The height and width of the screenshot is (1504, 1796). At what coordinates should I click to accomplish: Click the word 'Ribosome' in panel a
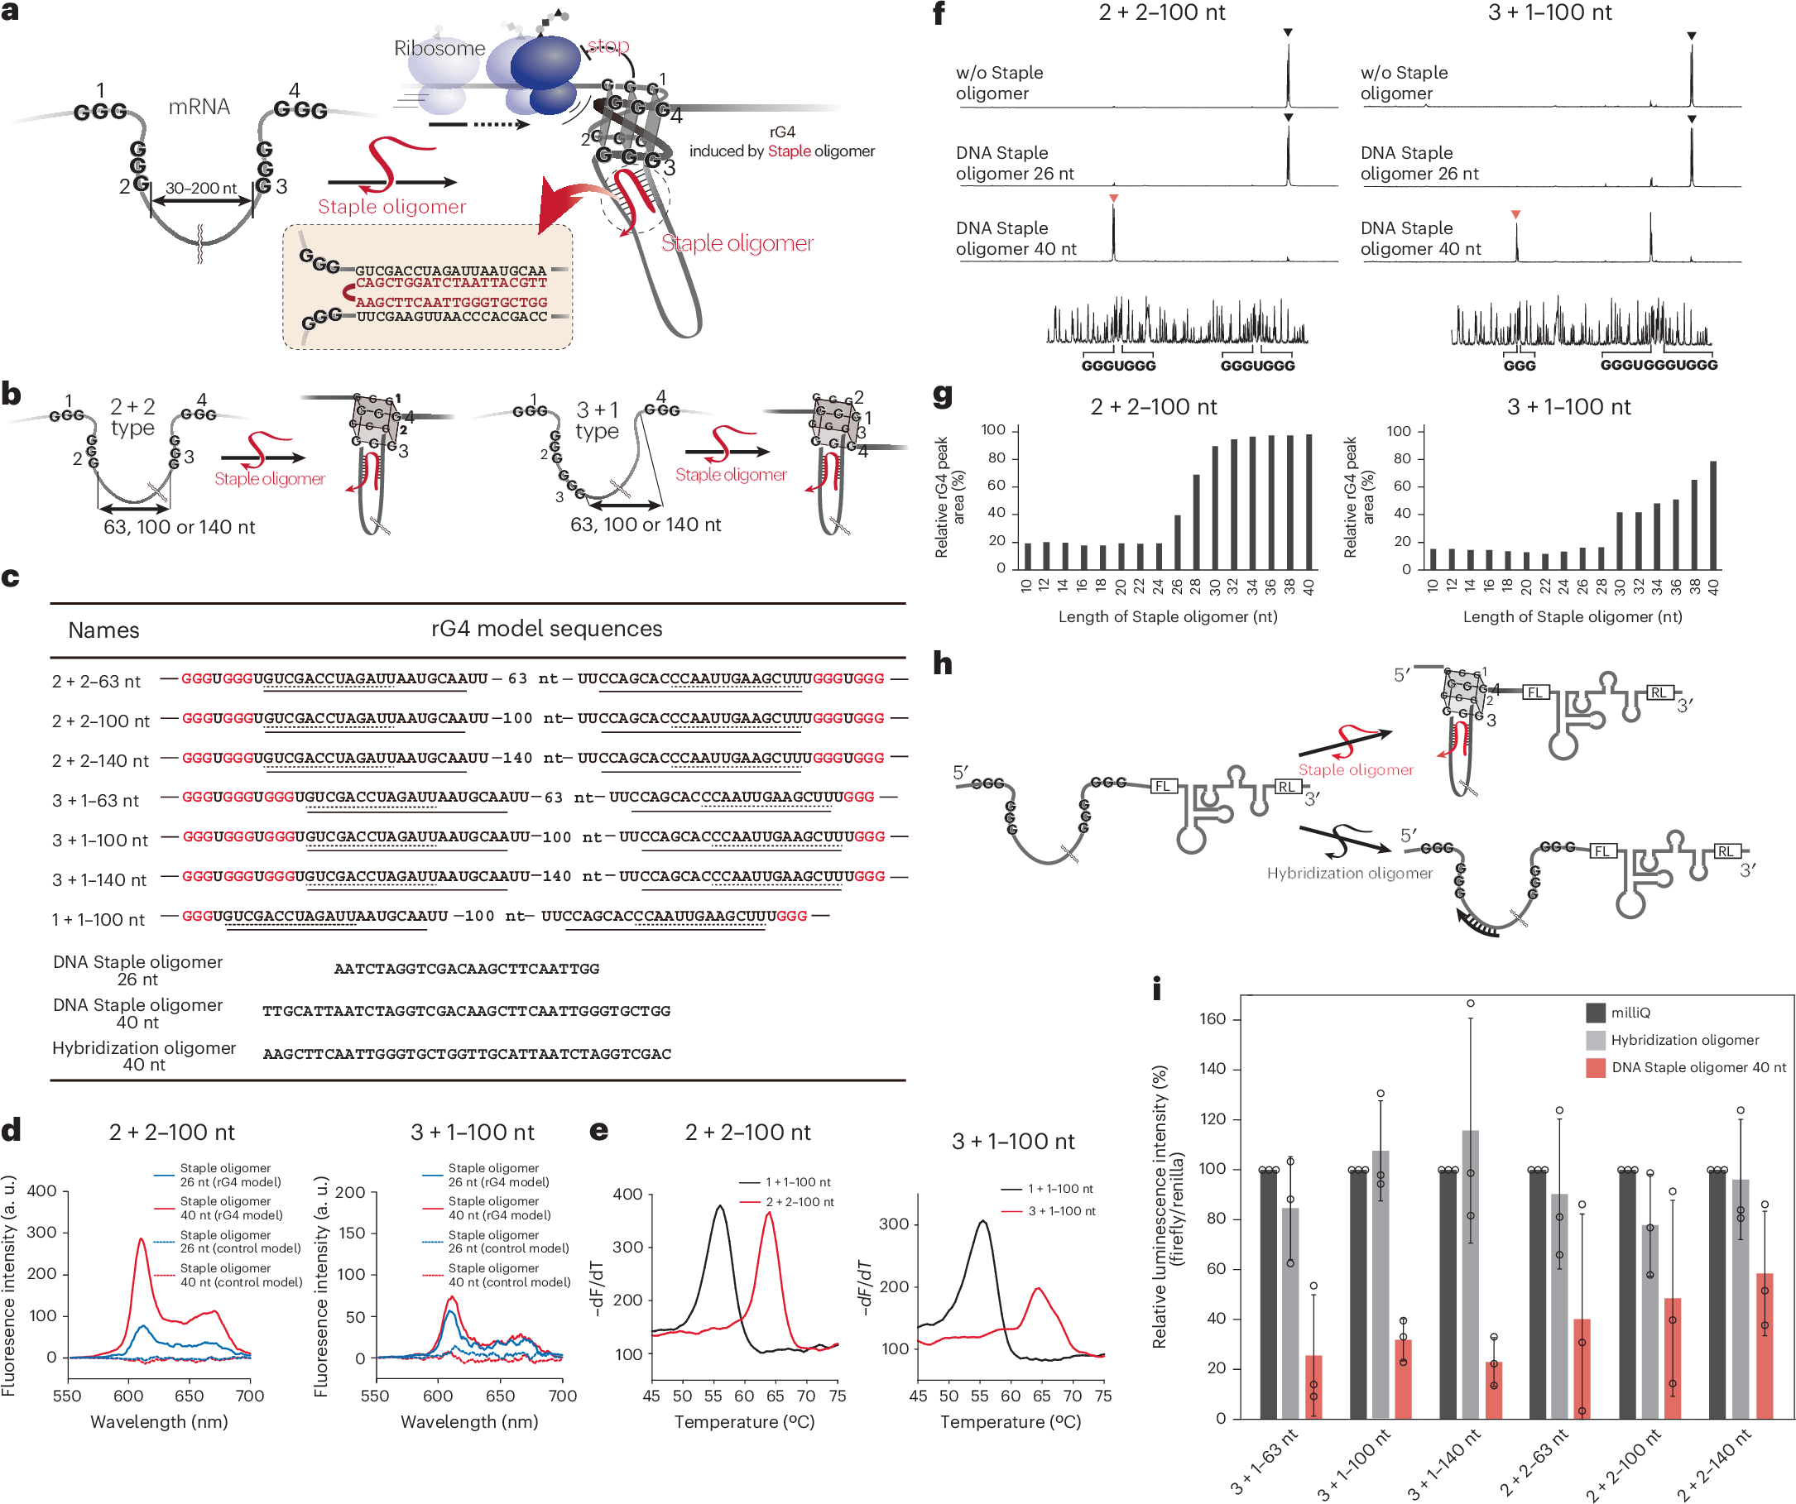click(439, 49)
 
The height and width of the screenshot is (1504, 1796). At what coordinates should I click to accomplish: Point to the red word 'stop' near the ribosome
click(608, 46)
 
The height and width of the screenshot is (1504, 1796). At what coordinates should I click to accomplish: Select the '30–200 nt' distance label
click(201, 188)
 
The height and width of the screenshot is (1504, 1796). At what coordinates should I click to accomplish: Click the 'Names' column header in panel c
click(103, 630)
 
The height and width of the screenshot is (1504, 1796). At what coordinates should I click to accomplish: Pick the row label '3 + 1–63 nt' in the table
click(96, 800)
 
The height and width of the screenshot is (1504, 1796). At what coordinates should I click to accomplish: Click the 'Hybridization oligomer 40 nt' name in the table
click(144, 1056)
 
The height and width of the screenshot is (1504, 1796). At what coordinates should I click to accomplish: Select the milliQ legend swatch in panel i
click(1595, 1013)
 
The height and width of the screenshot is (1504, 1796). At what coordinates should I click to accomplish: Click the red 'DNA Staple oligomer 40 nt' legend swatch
click(1595, 1067)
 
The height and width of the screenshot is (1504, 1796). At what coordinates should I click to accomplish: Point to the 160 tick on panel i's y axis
click(1213, 1018)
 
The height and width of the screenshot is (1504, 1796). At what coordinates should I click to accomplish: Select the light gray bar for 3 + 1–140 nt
click(1470, 1274)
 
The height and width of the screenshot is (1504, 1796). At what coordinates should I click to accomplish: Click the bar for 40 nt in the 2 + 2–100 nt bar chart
click(1309, 502)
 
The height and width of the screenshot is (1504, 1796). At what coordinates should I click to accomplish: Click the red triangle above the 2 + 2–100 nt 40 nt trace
click(1113, 199)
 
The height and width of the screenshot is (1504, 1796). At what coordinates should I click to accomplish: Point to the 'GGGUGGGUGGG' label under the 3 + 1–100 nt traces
click(1659, 365)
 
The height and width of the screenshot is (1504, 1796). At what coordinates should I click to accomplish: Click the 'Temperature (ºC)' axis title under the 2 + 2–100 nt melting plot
click(744, 1422)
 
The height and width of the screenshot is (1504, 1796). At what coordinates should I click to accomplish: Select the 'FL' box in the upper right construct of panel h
click(1535, 692)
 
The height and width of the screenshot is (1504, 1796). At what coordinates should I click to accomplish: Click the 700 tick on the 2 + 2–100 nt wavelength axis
click(250, 1396)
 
